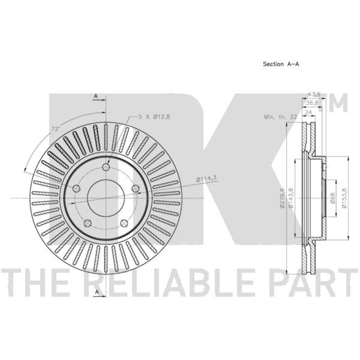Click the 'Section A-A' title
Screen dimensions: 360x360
click(281, 64)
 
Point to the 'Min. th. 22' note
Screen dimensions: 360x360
click(281, 117)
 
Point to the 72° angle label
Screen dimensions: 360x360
click(55, 129)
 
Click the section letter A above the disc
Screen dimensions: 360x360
click(96, 96)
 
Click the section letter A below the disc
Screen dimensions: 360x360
click(96, 293)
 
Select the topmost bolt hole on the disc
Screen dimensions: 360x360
click(106, 167)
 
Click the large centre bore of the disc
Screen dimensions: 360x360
click(106, 198)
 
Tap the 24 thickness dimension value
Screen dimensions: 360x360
click(309, 112)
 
